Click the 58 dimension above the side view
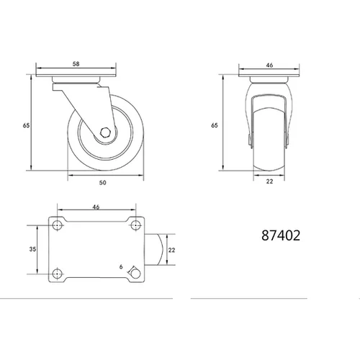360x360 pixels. pos(76,64)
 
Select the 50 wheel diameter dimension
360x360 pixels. pos(103,183)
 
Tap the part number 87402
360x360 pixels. pos(281,235)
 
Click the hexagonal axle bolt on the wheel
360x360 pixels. pos(105,132)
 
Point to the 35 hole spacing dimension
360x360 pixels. pos(32,249)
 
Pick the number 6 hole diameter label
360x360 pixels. pos(121,266)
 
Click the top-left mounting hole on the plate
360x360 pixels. pos(58,225)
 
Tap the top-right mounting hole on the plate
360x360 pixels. pos(135,225)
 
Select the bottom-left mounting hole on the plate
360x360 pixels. pos(58,274)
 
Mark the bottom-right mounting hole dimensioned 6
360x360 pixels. pos(136,274)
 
